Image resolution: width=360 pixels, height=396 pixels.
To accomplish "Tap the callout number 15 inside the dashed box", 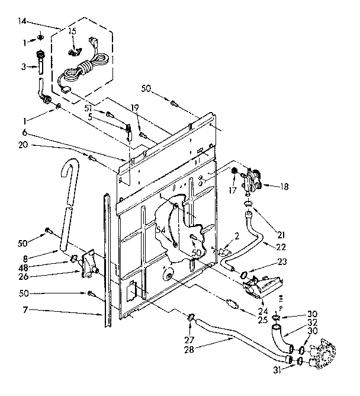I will click(72, 30).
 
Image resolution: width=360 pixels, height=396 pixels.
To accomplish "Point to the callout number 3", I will click(24, 67).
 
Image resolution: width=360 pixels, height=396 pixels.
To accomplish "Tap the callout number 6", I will click(25, 133).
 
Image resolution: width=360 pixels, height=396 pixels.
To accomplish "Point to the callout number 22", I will click(281, 246).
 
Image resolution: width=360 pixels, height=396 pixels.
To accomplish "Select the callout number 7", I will click(25, 310).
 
